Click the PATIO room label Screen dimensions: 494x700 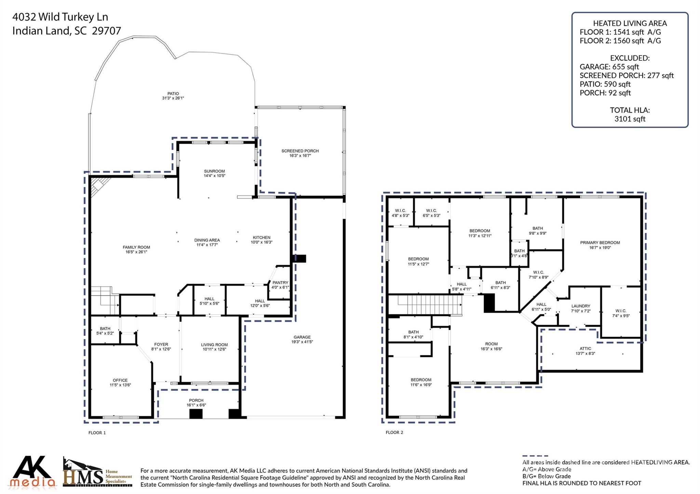(173, 94)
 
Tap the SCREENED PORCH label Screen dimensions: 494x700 (300, 151)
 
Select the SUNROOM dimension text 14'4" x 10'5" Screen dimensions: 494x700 (214, 176)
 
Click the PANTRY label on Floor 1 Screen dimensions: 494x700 (280, 283)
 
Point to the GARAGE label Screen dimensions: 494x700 (302, 337)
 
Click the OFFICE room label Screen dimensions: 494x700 (120, 380)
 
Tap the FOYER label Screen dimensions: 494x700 (161, 344)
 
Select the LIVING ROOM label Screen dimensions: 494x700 (214, 345)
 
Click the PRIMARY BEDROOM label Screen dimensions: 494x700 (600, 243)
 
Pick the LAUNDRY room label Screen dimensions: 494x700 (580, 306)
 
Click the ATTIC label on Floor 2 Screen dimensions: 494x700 (585, 349)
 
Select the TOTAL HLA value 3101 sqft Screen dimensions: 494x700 (630, 119)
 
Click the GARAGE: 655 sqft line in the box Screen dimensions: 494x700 (609, 67)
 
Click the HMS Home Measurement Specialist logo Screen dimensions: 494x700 (97, 473)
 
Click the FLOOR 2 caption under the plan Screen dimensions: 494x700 (394, 432)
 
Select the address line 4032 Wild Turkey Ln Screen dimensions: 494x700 (60, 17)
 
